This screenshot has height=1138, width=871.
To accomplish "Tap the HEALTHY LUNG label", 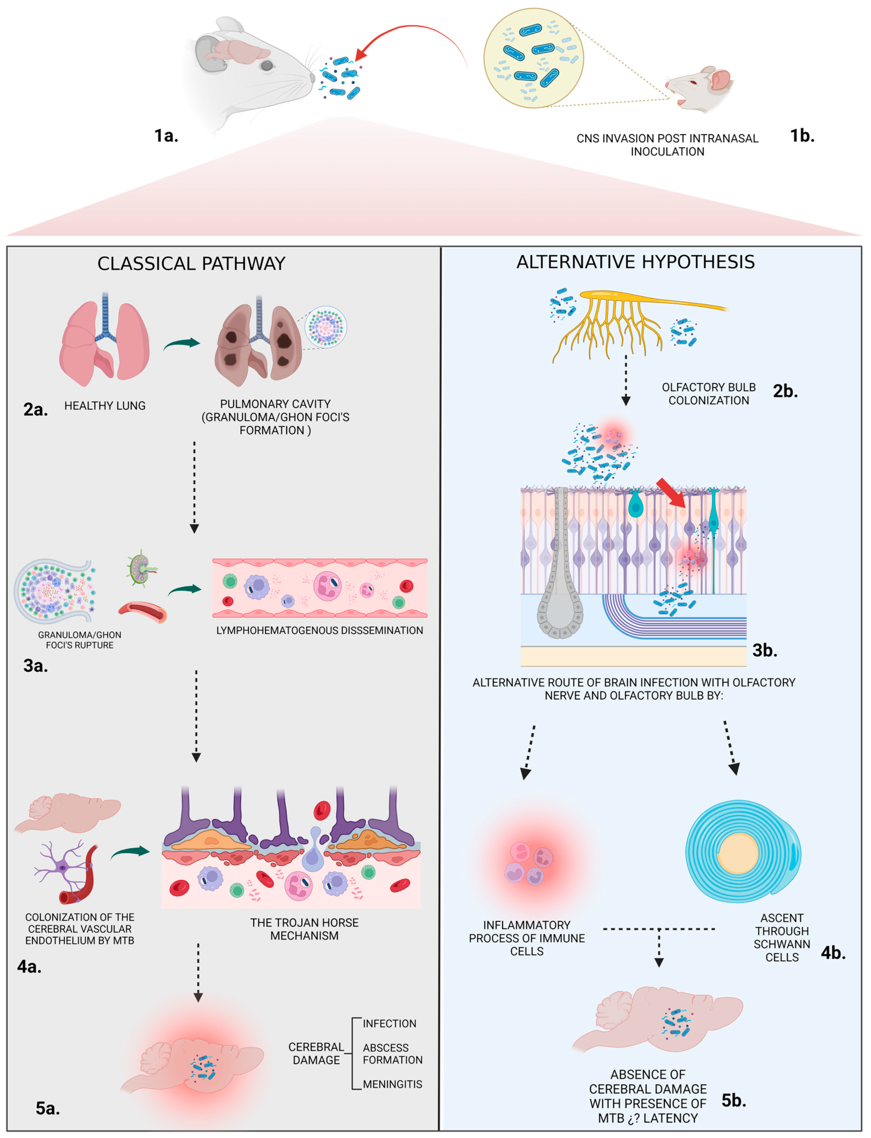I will click(105, 406).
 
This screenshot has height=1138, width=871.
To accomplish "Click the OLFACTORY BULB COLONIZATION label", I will click(708, 394).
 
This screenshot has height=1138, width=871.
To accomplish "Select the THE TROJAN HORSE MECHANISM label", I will click(304, 929).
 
